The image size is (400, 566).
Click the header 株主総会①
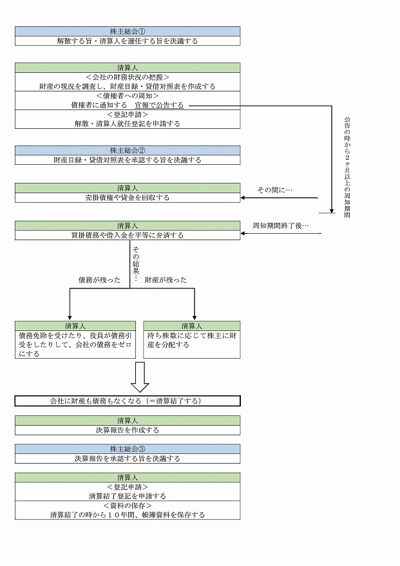tap(128, 31)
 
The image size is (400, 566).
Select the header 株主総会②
tap(128, 151)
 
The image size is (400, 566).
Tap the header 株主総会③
tap(128, 449)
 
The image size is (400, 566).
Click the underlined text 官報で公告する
tap(159, 105)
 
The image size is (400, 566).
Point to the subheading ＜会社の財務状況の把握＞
tap(128, 77)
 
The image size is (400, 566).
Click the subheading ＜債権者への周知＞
tap(128, 95)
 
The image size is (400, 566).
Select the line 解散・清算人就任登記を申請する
tap(128, 123)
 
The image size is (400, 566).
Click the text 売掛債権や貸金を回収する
tap(128, 198)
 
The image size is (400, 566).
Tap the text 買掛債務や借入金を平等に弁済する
tap(128, 236)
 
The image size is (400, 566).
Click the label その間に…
tap(275, 190)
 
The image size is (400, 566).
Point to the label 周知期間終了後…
tap(281, 226)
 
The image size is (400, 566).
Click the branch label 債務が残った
tap(99, 279)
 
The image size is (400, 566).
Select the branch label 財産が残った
tap(166, 279)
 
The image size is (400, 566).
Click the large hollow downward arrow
tap(140, 377)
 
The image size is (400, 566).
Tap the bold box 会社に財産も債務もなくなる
tap(128, 401)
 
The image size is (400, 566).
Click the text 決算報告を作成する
tap(128, 430)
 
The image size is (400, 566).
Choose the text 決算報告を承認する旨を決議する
tap(128, 459)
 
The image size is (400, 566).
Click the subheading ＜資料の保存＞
tap(128, 506)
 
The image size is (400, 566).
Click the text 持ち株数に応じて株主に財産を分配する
tap(191, 340)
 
